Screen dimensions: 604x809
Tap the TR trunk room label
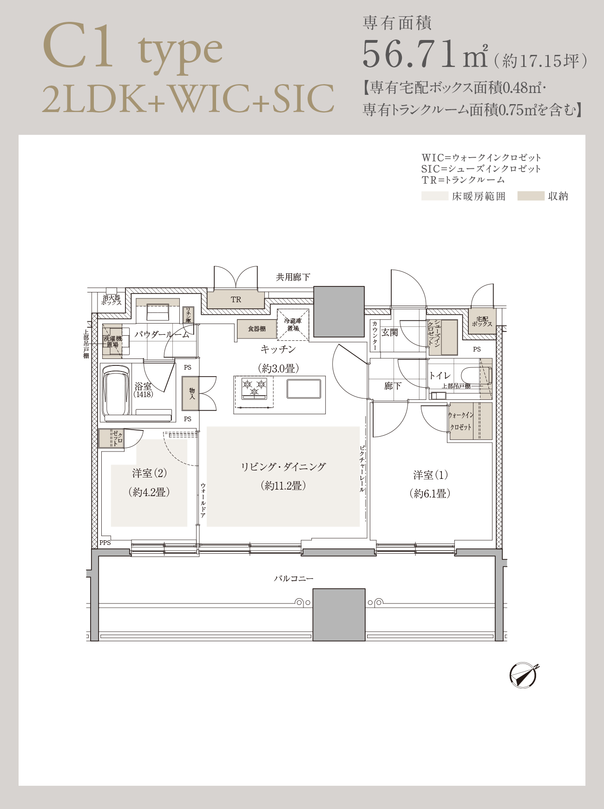(x=236, y=300)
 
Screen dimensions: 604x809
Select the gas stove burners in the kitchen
(x=254, y=388)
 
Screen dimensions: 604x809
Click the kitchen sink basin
(x=304, y=389)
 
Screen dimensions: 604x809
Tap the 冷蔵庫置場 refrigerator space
(x=293, y=324)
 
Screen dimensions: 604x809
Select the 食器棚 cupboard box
(x=257, y=329)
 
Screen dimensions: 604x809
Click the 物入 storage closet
(x=190, y=393)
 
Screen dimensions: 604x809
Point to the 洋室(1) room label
(x=431, y=475)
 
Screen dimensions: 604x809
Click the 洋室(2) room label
(x=149, y=473)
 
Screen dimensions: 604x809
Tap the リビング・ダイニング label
(x=283, y=467)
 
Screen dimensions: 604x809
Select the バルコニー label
(x=294, y=579)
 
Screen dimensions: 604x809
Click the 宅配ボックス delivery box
(x=482, y=321)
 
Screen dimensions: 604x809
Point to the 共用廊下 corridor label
(x=293, y=277)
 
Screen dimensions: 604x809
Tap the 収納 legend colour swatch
(x=531, y=196)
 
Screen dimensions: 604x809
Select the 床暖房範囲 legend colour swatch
(x=435, y=196)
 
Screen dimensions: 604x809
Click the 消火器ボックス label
(x=112, y=300)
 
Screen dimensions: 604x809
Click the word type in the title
(x=180, y=52)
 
